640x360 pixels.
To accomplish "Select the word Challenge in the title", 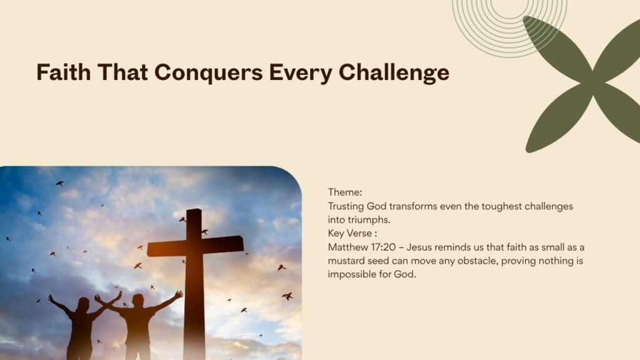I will (394, 72).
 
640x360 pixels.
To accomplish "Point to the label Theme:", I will (345, 192).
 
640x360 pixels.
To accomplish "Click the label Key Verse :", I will (352, 233).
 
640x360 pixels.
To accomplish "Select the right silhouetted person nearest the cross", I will (138, 322).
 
